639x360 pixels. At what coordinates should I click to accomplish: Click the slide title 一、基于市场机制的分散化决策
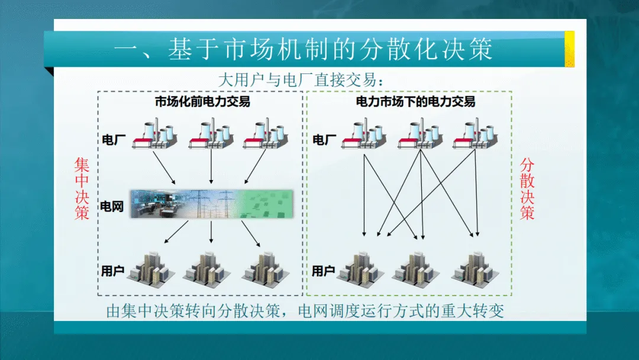click(x=303, y=50)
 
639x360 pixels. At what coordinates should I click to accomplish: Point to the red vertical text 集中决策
click(x=82, y=188)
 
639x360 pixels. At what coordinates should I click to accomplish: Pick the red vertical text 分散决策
click(x=527, y=188)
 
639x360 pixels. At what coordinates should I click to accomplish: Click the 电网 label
click(x=112, y=207)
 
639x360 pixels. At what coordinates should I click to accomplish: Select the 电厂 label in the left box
click(x=112, y=140)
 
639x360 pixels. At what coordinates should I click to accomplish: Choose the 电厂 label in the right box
click(x=324, y=140)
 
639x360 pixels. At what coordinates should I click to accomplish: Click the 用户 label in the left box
click(x=112, y=271)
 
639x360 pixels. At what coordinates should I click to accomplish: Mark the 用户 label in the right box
click(x=324, y=271)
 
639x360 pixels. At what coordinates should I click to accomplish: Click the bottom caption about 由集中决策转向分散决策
click(x=305, y=311)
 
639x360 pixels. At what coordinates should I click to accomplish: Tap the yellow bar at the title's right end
click(x=569, y=49)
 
